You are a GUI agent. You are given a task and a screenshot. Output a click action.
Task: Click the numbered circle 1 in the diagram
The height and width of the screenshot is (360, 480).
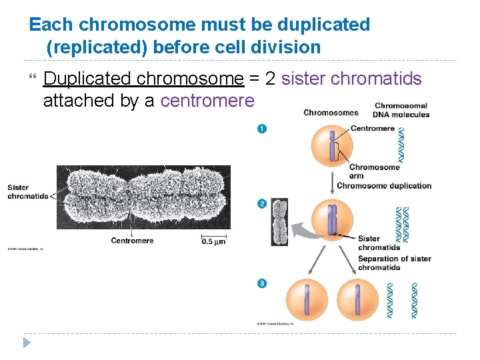point(262,129)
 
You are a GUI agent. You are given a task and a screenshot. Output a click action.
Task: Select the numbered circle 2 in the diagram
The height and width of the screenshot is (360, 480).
point(262,203)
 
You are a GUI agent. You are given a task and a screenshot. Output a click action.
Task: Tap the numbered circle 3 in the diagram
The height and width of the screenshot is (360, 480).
point(262,283)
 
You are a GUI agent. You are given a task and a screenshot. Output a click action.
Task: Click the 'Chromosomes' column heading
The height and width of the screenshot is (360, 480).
point(331,113)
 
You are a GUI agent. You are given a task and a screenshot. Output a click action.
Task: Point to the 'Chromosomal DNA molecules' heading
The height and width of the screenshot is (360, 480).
point(401,110)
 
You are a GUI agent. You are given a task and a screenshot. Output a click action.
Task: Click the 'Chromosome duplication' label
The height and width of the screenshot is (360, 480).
point(384,185)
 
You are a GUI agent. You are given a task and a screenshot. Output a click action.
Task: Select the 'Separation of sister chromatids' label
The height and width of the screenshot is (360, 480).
point(394,263)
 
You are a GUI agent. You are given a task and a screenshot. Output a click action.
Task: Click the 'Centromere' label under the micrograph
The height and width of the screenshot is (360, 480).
point(132,241)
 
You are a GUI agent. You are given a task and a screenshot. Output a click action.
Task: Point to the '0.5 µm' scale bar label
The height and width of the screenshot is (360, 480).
point(213,242)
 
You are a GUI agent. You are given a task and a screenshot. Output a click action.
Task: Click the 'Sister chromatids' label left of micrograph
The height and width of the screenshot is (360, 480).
point(28,192)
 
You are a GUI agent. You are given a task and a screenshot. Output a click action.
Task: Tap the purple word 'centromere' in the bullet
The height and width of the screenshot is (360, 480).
point(207,101)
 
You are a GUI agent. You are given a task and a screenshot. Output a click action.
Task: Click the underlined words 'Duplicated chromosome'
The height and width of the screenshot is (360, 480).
point(143,79)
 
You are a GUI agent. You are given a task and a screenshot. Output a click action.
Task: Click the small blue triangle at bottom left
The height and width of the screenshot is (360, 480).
point(27,343)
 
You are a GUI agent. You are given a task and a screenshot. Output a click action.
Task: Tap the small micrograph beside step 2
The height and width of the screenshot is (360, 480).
point(279,222)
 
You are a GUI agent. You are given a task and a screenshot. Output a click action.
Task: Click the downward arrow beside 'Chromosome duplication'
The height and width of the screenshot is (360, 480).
point(331,181)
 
